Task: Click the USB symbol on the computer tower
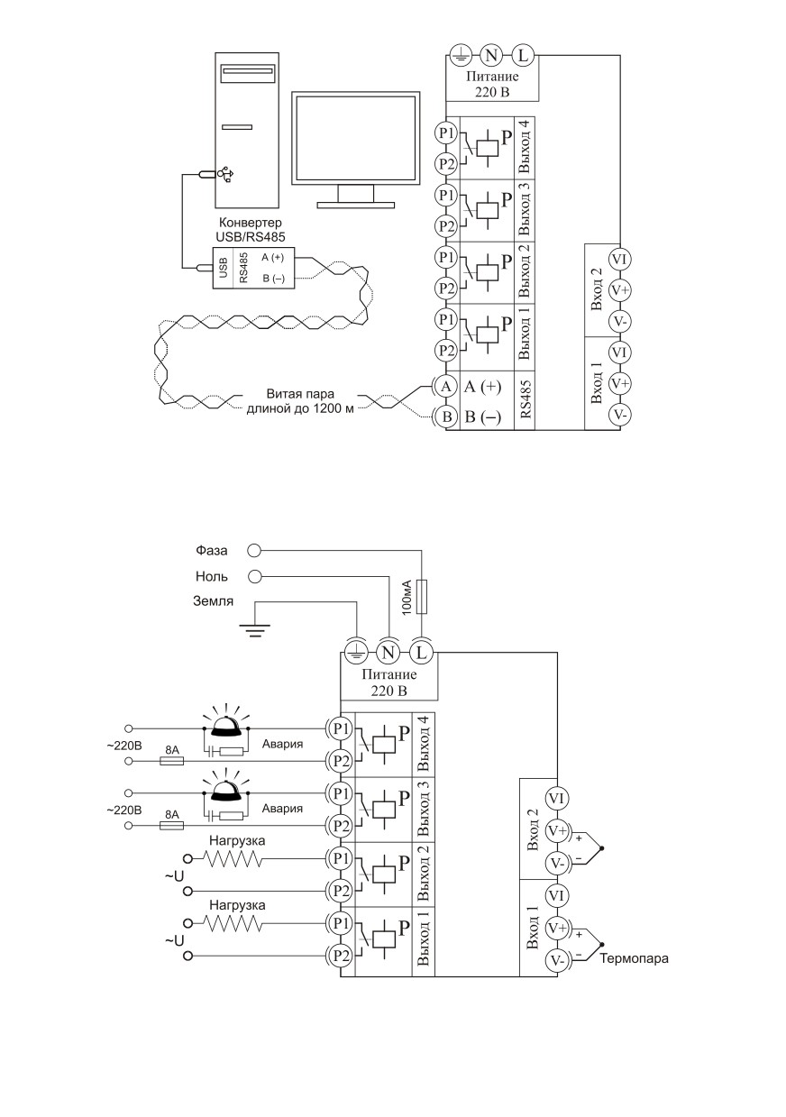[x=225, y=174]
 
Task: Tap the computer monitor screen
[x=356, y=138]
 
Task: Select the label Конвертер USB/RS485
[x=251, y=229]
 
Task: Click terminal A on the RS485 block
[x=446, y=386]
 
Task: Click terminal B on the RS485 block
[x=446, y=417]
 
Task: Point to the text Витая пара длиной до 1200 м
[x=300, y=401]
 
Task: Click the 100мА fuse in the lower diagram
[x=422, y=597]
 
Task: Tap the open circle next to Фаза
[x=254, y=551]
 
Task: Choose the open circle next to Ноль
[x=254, y=576]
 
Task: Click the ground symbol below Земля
[x=255, y=630]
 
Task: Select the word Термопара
[x=634, y=958]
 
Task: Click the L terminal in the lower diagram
[x=422, y=652]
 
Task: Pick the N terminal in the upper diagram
[x=491, y=55]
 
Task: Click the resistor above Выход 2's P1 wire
[x=233, y=858]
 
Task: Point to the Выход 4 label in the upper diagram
[x=525, y=148]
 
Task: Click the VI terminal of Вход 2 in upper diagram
[x=619, y=260]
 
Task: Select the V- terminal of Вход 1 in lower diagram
[x=556, y=960]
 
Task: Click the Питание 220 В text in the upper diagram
[x=492, y=84]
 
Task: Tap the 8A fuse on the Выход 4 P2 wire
[x=171, y=761]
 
